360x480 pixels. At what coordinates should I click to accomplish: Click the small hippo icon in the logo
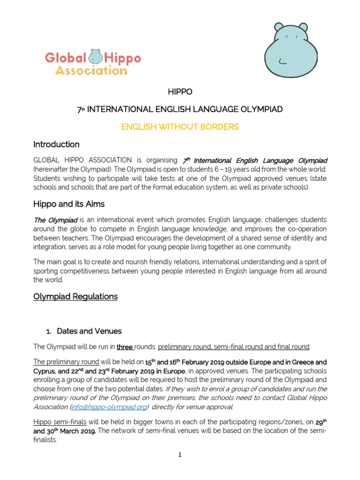pyautogui.click(x=96, y=58)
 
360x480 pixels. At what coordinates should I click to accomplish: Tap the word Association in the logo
pyautogui.click(x=91, y=70)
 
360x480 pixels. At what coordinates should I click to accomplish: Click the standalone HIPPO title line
pyautogui.click(x=180, y=91)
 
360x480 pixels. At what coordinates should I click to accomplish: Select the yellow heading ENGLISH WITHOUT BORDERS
pyautogui.click(x=180, y=127)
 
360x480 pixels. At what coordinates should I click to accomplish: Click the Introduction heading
pyautogui.click(x=56, y=144)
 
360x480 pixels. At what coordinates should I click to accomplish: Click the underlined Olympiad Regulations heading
pyautogui.click(x=75, y=296)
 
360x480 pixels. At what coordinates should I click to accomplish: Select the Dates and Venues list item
pyautogui.click(x=89, y=331)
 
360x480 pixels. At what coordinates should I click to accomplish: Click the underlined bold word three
pyautogui.click(x=124, y=347)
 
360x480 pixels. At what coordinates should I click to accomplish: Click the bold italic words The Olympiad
pyautogui.click(x=55, y=220)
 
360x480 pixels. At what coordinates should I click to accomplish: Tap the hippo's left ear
pyautogui.click(x=279, y=27)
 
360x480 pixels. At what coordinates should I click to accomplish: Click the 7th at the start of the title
pyautogui.click(x=79, y=109)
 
